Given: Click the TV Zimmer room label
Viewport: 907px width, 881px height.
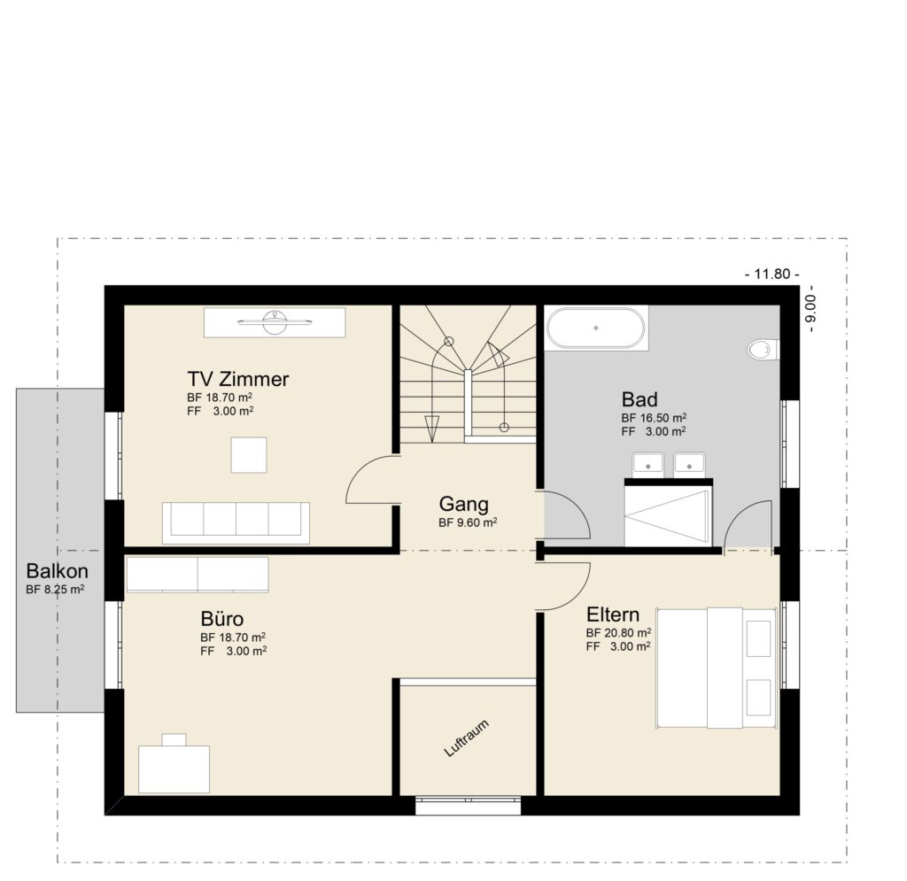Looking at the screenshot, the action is tap(237, 379).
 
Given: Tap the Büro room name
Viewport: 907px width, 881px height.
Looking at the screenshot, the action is tap(222, 619).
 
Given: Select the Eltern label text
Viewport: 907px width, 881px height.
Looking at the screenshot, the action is tap(613, 614).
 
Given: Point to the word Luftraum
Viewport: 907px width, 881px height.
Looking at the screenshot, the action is tap(466, 738).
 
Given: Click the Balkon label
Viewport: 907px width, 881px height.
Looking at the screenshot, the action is tap(58, 571).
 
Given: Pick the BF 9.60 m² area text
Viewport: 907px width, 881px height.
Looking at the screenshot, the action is tap(468, 523).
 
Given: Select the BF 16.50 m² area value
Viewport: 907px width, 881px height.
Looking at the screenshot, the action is tap(655, 417).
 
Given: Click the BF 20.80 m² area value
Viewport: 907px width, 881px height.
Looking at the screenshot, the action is tap(618, 632).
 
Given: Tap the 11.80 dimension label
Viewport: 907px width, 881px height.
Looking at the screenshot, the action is tap(772, 274).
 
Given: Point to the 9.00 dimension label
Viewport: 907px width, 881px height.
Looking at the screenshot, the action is tap(811, 309).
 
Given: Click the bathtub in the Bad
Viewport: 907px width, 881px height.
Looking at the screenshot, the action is tap(595, 328).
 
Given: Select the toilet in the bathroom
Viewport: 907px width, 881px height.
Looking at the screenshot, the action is tap(763, 350).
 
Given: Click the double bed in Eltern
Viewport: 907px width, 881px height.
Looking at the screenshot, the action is tap(715, 668).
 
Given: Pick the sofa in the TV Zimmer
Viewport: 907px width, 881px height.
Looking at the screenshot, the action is tap(236, 522).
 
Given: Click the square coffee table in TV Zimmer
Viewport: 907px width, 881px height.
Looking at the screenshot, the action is tap(249, 455).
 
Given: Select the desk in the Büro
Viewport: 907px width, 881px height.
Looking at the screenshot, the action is tap(174, 769).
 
